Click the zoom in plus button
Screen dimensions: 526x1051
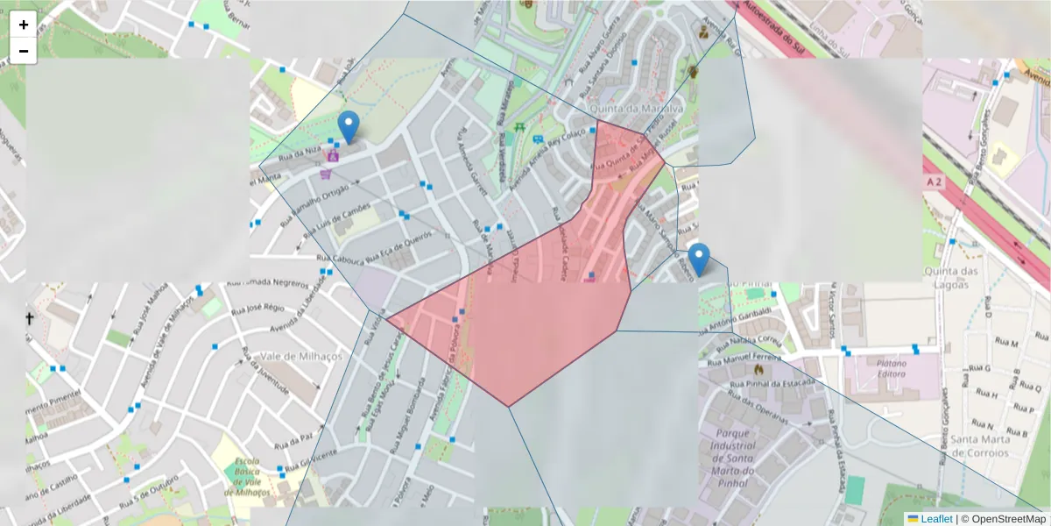point(24,25)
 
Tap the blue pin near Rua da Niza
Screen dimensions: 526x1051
point(349,128)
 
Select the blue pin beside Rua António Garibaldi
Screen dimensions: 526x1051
point(699,259)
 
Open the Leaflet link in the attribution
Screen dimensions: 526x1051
point(935,519)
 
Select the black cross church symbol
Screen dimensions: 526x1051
point(29,318)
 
